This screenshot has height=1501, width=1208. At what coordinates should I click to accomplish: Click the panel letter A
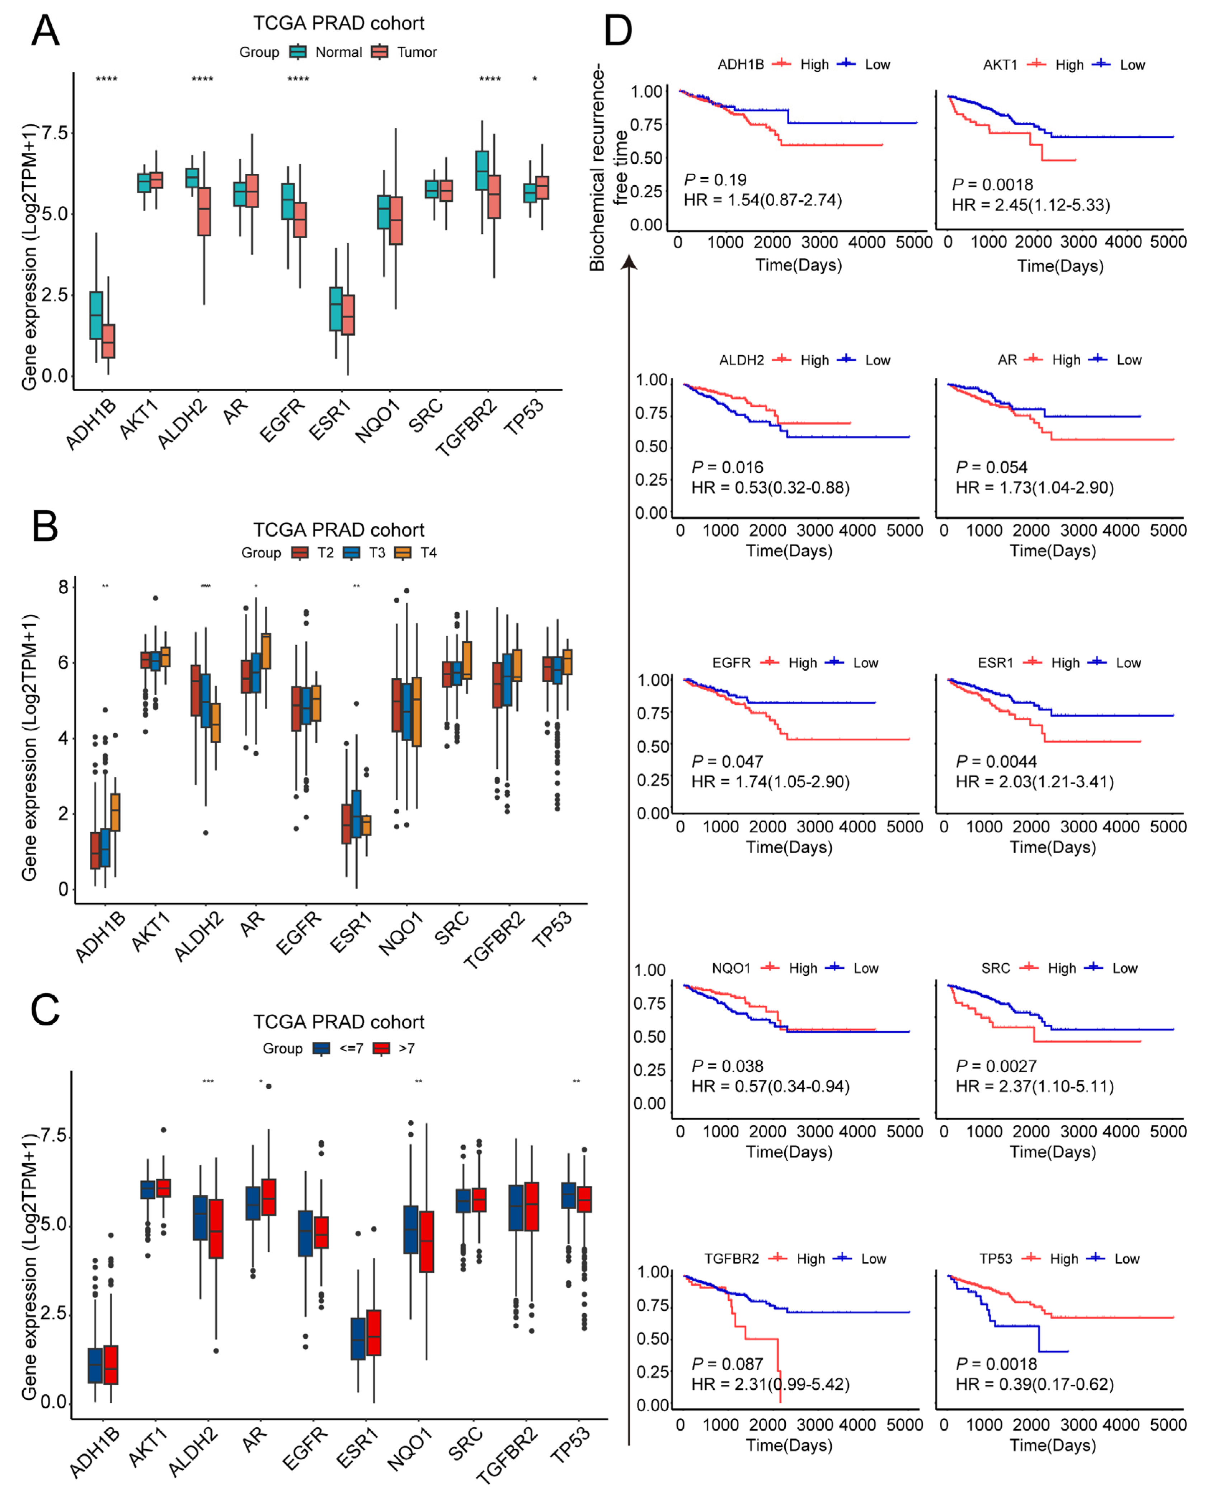(45, 31)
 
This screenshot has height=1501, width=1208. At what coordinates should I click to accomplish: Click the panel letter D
(618, 31)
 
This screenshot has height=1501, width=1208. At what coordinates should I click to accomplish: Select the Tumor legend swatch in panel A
(379, 52)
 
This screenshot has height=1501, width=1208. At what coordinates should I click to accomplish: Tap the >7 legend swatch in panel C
(381, 1048)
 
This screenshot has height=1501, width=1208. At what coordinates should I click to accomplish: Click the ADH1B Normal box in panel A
(96, 315)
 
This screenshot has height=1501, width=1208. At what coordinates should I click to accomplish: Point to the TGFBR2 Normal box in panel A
(481, 170)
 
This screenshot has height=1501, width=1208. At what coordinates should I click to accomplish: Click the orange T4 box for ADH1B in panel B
(116, 812)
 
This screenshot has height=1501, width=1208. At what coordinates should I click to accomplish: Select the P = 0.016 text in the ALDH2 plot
(727, 467)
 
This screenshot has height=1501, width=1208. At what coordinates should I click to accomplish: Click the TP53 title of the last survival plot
(996, 1259)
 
